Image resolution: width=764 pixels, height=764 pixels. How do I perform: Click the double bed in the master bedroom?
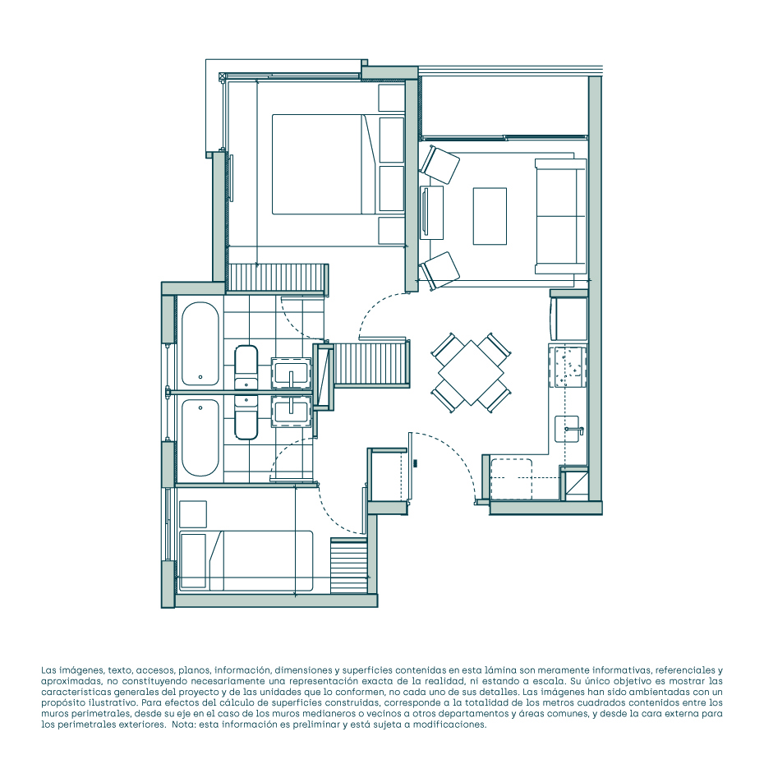point(323,164)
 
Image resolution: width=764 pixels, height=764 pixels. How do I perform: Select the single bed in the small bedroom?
point(246,561)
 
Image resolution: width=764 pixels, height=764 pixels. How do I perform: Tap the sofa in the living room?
point(560,216)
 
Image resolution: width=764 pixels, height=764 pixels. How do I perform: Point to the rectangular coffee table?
point(490,216)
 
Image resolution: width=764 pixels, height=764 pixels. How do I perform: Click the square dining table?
point(471,373)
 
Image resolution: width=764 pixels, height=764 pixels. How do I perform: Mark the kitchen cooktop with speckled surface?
point(568,366)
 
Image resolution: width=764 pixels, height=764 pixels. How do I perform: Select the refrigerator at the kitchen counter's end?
point(568,319)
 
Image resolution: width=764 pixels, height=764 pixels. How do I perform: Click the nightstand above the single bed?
point(193,514)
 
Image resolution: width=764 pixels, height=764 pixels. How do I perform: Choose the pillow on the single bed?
point(193,561)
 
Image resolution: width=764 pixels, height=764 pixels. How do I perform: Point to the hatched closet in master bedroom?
point(278,278)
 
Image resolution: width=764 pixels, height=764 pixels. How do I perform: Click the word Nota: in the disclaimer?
point(184,725)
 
